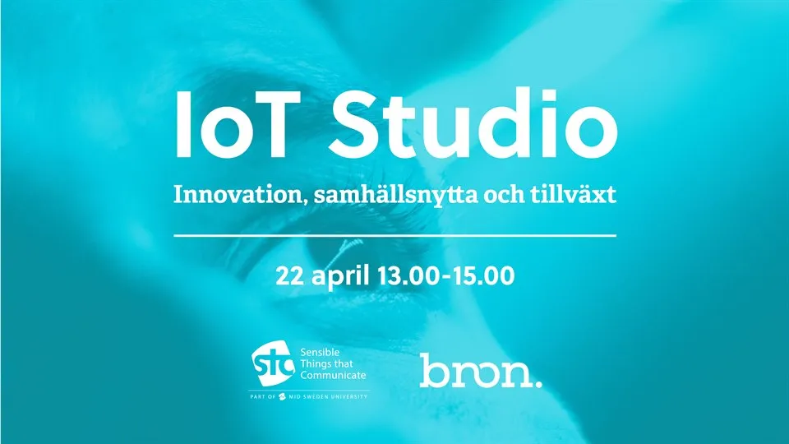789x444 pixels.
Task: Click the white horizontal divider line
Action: [x=394, y=235]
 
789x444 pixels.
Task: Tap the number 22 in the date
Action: [x=292, y=275]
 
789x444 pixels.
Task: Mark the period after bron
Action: [x=538, y=382]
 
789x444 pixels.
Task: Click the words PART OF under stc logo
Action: [x=265, y=397]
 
